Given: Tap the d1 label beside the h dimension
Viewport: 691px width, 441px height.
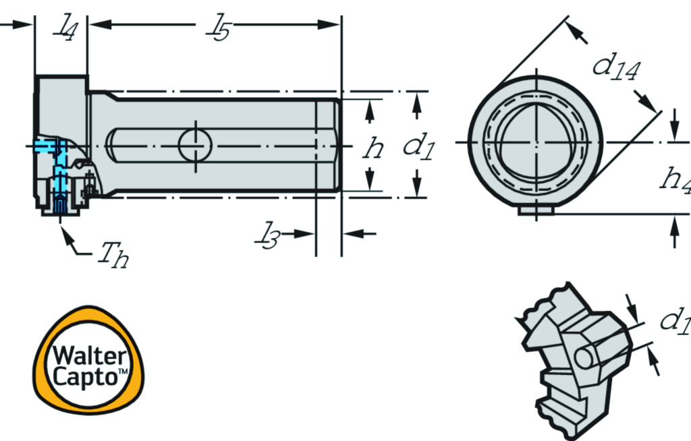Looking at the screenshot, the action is coord(419,147).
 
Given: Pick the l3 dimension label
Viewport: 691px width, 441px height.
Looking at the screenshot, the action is coord(267,236).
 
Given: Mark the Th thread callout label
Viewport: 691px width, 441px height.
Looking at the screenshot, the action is coord(113,255).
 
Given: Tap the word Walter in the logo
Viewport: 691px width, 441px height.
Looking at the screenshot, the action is coord(88,355).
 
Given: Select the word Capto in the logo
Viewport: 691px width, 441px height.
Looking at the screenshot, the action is coord(84,378).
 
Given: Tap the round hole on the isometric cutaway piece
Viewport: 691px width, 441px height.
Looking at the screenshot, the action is coord(584,357).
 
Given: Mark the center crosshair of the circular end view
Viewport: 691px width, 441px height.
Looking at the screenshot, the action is coord(536,142).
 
